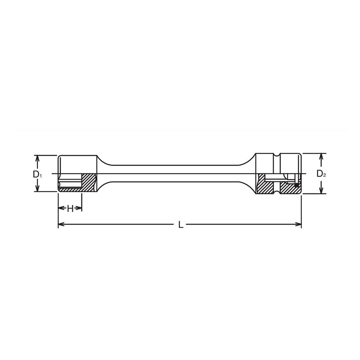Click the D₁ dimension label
click(x=37, y=174)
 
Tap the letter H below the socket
click(x=70, y=208)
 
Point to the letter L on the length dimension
click(x=180, y=225)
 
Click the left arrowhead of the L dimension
click(x=61, y=225)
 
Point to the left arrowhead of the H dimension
click(x=61, y=208)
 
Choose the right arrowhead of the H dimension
click(x=80, y=208)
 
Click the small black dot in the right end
click(x=297, y=184)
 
